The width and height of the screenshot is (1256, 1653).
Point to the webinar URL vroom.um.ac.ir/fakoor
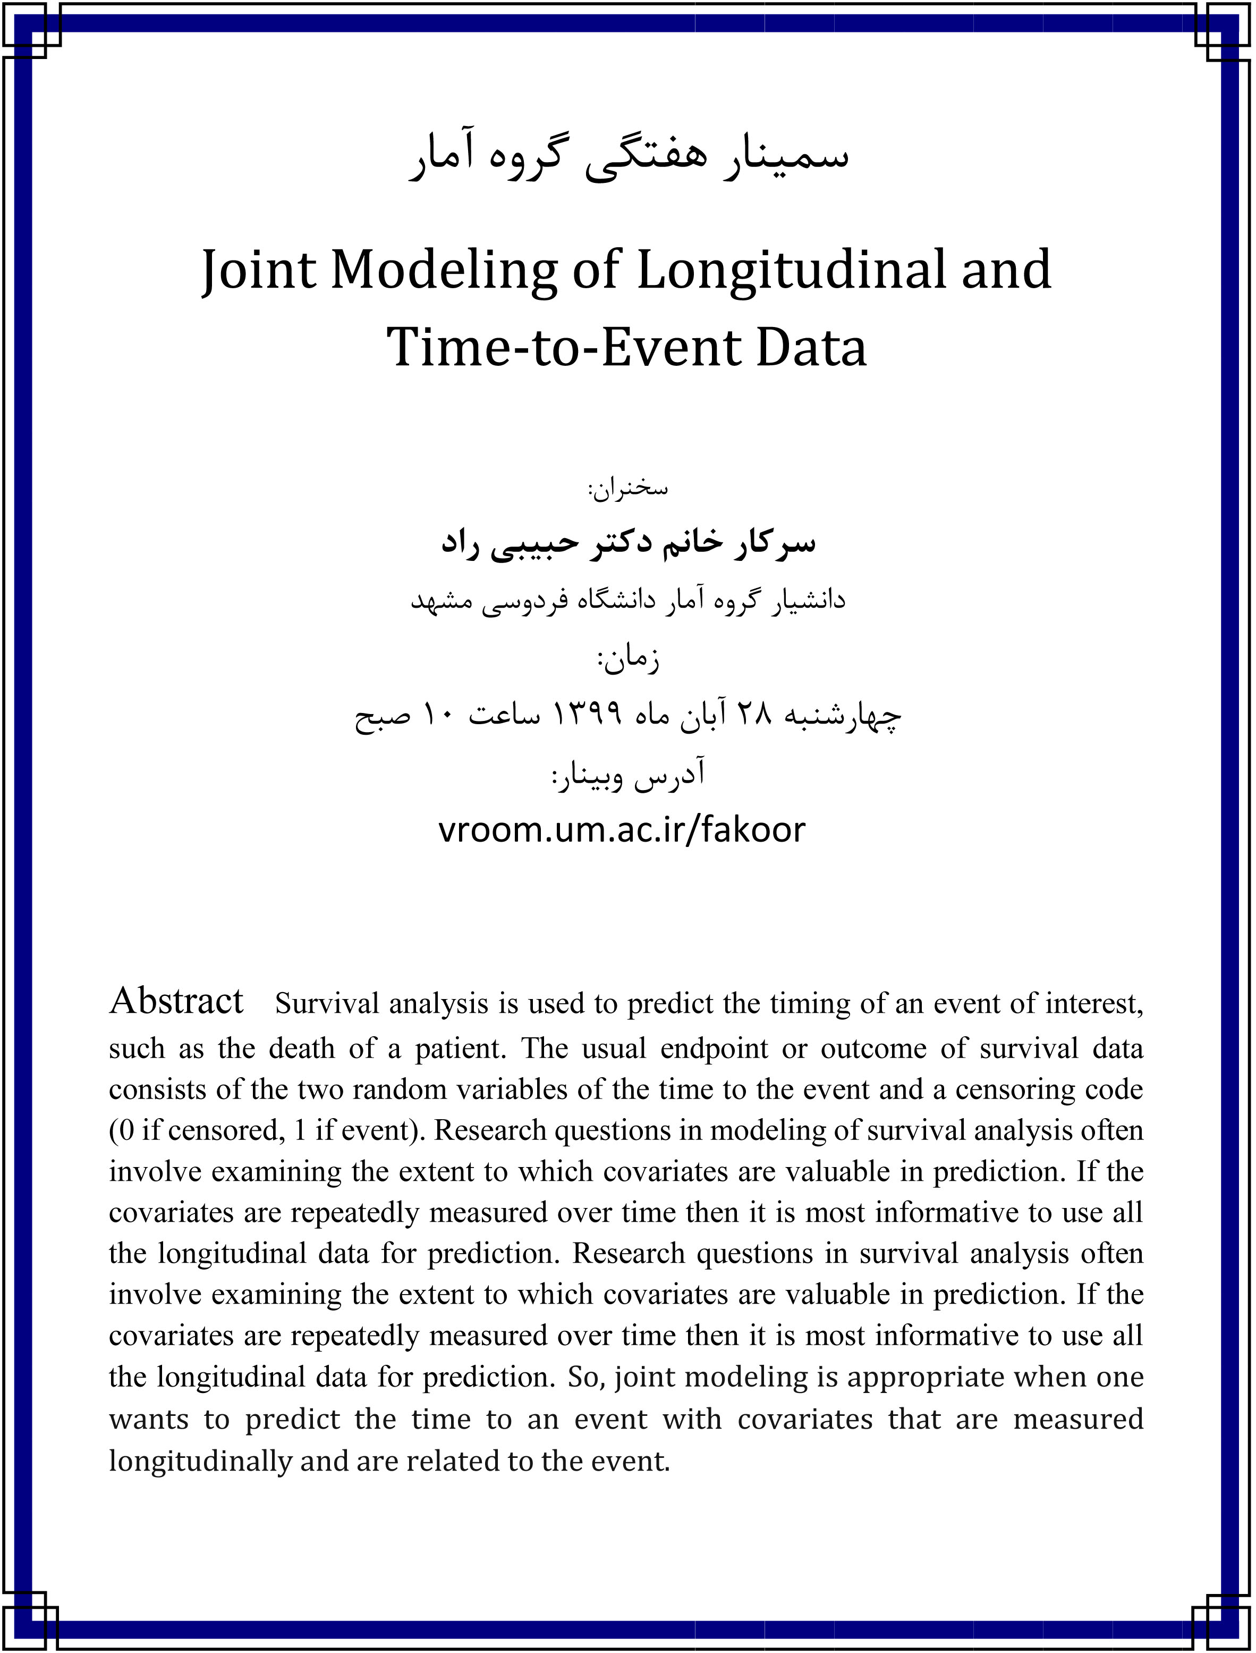click(621, 829)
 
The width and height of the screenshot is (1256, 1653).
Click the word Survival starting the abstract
click(327, 1004)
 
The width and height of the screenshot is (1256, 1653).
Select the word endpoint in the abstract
click(714, 1048)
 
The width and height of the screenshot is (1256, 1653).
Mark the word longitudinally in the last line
click(200, 1460)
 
